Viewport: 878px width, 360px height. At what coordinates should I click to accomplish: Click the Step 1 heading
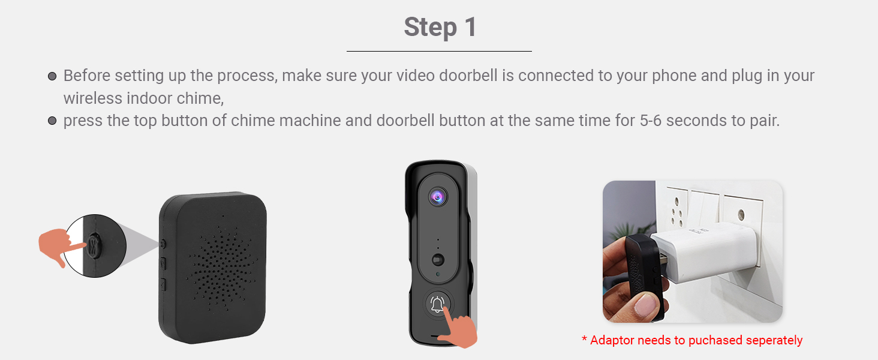pyautogui.click(x=440, y=28)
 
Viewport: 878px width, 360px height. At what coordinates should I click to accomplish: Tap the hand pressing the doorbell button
pyautogui.click(x=459, y=330)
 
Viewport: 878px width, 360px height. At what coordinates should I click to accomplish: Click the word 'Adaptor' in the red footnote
pyautogui.click(x=612, y=340)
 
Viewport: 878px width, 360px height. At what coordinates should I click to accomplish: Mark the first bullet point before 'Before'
pyautogui.click(x=52, y=77)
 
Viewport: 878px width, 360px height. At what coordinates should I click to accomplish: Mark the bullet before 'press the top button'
pyautogui.click(x=52, y=121)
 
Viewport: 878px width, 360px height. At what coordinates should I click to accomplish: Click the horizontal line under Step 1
pyautogui.click(x=439, y=52)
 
